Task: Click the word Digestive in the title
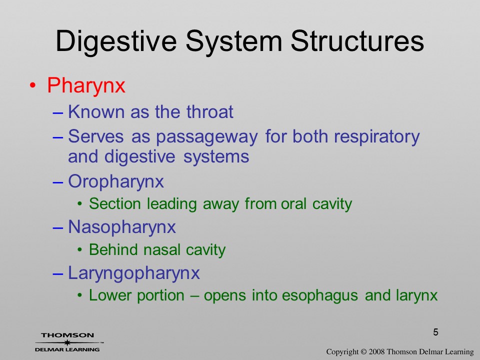click(x=116, y=41)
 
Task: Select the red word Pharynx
click(x=86, y=85)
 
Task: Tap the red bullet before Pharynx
click(x=33, y=85)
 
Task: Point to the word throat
click(x=209, y=111)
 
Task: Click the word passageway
click(x=206, y=137)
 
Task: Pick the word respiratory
click(x=376, y=137)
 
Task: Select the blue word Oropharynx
click(x=116, y=182)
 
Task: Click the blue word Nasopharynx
click(x=122, y=227)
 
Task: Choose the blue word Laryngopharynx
click(x=134, y=273)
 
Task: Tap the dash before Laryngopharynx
click(x=58, y=273)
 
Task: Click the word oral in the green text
click(x=293, y=204)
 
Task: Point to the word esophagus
click(x=319, y=296)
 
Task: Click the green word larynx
click(x=416, y=296)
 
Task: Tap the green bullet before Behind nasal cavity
click(x=80, y=250)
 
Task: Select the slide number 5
click(x=435, y=332)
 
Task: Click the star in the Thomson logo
click(x=66, y=342)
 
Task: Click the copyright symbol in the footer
click(x=363, y=351)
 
